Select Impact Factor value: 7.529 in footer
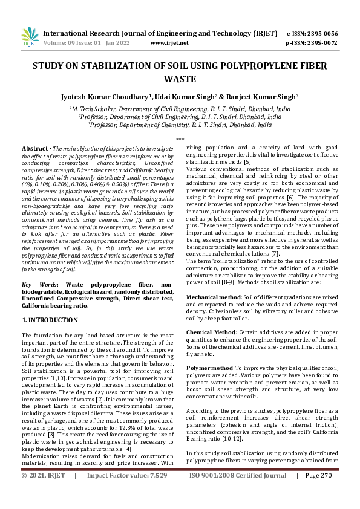pyautogui.click(x=126, y=493)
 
